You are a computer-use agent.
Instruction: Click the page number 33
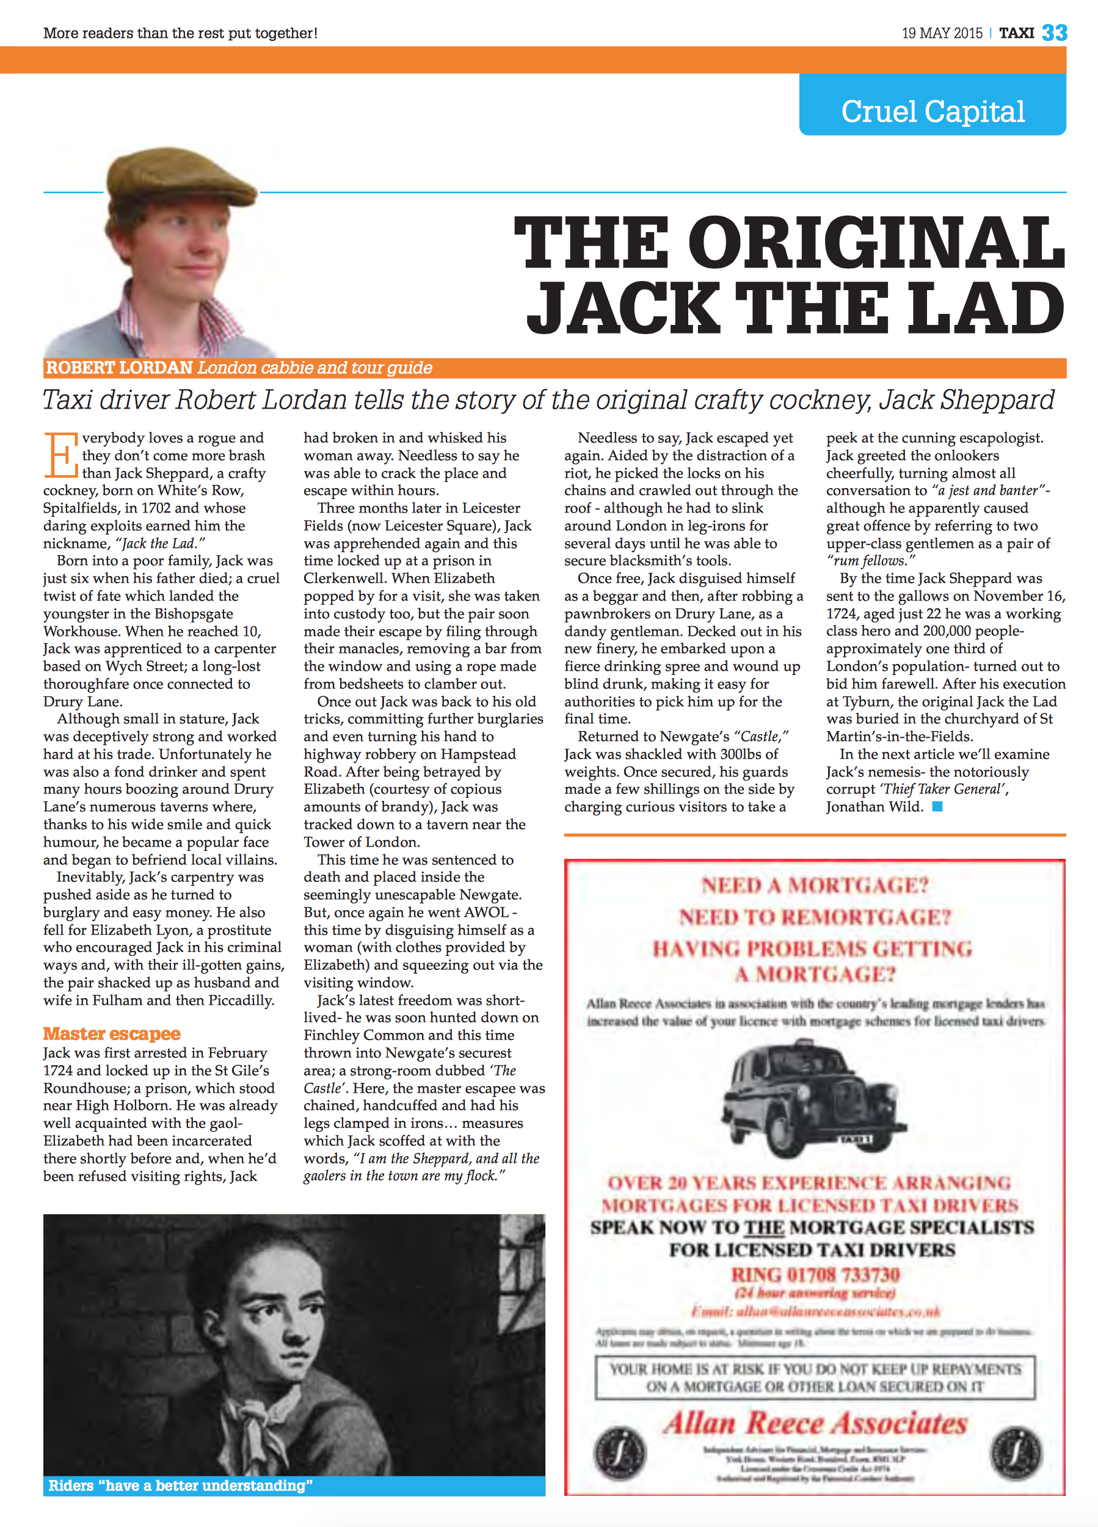(x=1054, y=32)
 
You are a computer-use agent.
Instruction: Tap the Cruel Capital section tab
(x=933, y=111)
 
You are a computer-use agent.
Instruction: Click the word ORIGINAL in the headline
(x=875, y=242)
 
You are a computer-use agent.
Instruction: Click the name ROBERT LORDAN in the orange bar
(x=119, y=368)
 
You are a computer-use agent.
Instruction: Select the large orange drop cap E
(x=60, y=454)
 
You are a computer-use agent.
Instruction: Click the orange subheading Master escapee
(x=112, y=1033)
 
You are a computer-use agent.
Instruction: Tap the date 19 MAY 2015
(x=942, y=33)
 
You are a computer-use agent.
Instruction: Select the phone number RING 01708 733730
(x=815, y=1275)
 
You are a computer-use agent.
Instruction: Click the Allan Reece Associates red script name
(x=815, y=1422)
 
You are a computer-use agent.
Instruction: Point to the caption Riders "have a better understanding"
(x=180, y=1485)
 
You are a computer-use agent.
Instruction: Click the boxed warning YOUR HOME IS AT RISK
(x=815, y=1377)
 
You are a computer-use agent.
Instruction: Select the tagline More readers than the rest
(x=180, y=33)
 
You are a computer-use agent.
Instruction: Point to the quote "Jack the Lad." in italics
(x=159, y=544)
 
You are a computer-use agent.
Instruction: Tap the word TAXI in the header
(x=1016, y=33)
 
